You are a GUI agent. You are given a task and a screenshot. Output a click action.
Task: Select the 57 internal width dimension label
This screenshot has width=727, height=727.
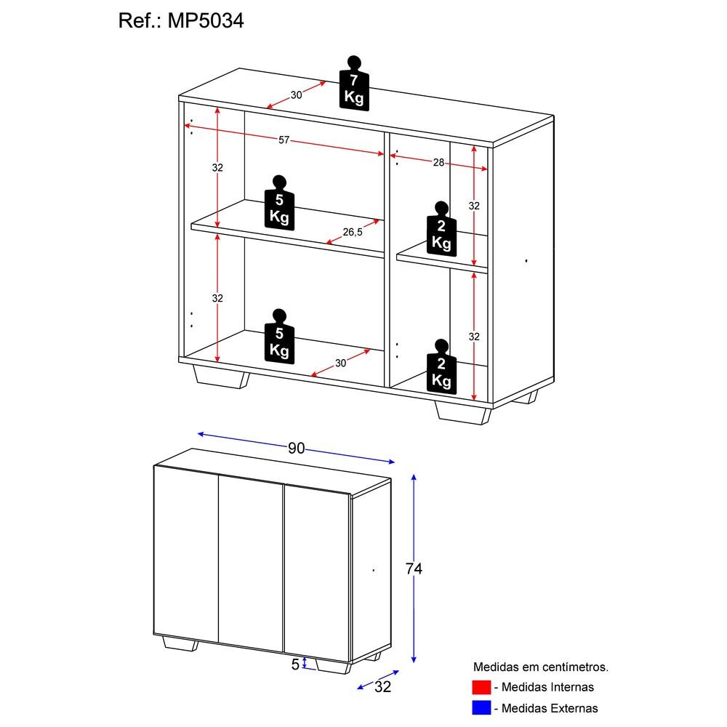click(x=284, y=140)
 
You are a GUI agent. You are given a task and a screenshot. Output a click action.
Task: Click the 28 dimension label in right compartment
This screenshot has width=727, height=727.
click(x=438, y=163)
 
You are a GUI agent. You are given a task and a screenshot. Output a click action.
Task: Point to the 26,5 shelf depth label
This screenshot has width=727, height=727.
click(x=353, y=232)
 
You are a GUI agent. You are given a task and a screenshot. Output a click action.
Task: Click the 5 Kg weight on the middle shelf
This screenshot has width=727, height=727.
click(x=279, y=204)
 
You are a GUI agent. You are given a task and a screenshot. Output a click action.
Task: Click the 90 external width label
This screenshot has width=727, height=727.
click(x=296, y=449)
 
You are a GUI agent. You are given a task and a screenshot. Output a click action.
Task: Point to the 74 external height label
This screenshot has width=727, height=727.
click(x=414, y=569)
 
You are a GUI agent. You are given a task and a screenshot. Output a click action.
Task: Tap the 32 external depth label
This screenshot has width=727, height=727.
click(x=382, y=687)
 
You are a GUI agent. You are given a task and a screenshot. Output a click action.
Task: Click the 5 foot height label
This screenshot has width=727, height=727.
click(x=295, y=664)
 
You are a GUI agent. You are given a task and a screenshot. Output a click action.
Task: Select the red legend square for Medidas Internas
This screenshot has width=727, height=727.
click(x=481, y=687)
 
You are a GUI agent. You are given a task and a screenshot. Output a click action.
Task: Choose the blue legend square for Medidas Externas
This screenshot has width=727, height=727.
click(x=481, y=707)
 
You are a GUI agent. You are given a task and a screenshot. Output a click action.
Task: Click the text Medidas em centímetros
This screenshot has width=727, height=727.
click(x=541, y=666)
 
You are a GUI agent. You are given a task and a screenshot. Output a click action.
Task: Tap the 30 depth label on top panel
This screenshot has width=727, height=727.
click(x=296, y=95)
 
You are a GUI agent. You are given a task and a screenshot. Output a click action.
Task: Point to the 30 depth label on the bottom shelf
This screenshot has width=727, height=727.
click(x=341, y=363)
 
